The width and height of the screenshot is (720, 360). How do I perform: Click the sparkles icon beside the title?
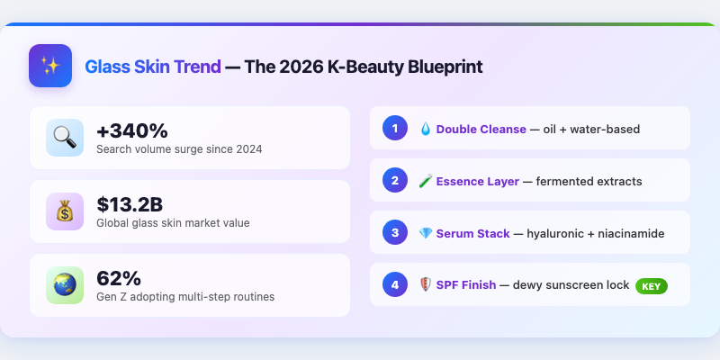tap(50, 66)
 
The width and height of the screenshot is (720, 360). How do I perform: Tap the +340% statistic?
tap(132, 130)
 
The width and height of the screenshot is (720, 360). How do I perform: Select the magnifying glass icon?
tap(65, 138)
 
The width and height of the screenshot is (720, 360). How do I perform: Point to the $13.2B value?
tap(130, 203)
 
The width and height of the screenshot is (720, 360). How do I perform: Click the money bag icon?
tap(65, 211)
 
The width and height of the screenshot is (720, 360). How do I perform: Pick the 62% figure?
tap(119, 277)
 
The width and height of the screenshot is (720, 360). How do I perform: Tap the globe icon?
tap(65, 285)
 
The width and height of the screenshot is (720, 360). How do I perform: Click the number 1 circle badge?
tap(394, 129)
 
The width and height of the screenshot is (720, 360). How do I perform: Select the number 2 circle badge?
tap(394, 181)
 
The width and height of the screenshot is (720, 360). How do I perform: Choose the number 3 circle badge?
tap(394, 233)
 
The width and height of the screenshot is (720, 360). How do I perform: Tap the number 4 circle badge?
tap(394, 285)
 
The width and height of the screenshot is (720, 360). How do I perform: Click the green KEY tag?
tap(651, 286)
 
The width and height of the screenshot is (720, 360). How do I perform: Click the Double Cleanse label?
tap(481, 130)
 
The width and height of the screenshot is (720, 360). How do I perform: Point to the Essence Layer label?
tap(477, 182)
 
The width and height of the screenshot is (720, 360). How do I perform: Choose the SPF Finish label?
tap(466, 286)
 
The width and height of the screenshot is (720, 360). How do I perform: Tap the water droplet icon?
tap(426, 130)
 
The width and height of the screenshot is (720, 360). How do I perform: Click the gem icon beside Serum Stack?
tap(426, 234)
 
